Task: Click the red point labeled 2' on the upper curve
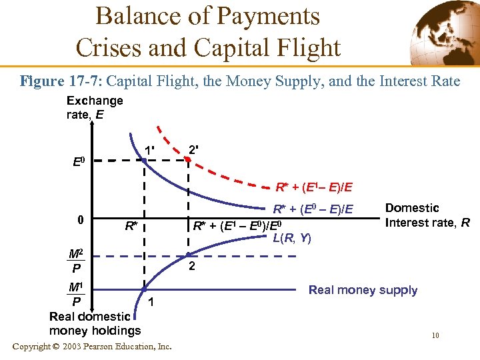point(188,160)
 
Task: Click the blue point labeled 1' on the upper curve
point(144,159)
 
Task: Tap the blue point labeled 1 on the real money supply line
point(144,289)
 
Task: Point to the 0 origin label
point(80,220)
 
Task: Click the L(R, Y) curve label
point(292,237)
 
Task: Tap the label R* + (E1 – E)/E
point(315,187)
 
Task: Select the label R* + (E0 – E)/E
point(313,209)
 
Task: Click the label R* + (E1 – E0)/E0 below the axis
point(241,225)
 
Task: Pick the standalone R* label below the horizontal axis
point(131,225)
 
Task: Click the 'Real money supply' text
point(363,290)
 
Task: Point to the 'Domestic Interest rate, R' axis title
point(427,215)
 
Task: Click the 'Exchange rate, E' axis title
point(94,107)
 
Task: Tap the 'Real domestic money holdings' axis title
point(95,323)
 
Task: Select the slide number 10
point(435,335)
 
